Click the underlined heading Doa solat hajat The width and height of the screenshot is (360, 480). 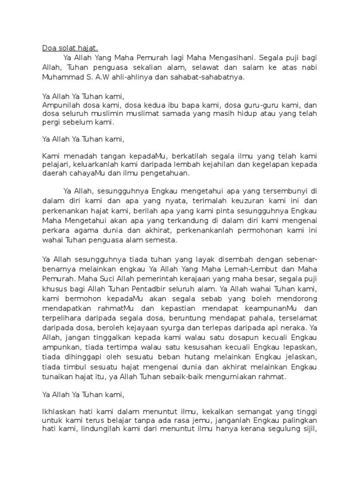click(70, 48)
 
